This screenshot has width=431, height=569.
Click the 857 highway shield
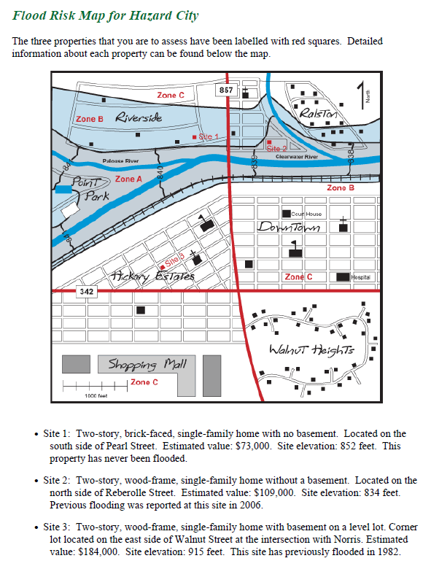pos(227,90)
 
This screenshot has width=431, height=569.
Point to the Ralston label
pos(319,115)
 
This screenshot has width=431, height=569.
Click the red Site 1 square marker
pos(194,137)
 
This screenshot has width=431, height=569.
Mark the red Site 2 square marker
pos(268,143)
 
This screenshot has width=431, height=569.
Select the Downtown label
pos(290,228)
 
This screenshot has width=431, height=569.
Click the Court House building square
pos(287,214)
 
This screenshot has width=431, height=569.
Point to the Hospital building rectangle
pos(342,277)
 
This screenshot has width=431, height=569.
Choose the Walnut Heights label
pos(311,350)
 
